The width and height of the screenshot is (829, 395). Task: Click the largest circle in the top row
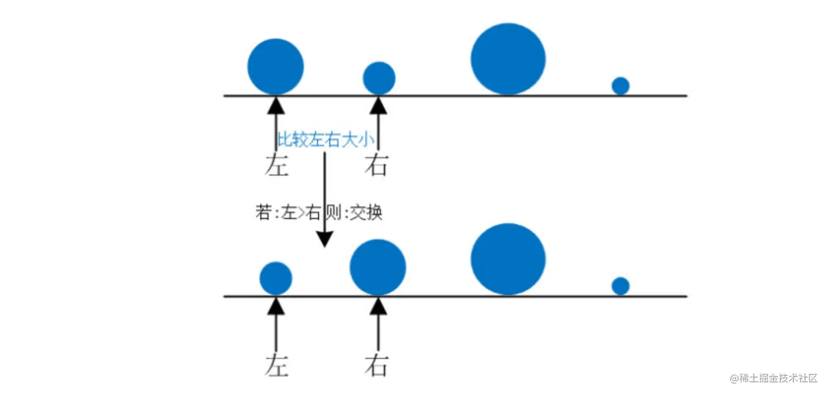(x=508, y=59)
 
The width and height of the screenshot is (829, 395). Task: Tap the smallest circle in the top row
(x=620, y=86)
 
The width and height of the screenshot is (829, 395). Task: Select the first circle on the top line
(x=275, y=66)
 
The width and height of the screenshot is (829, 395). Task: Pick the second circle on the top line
(x=379, y=78)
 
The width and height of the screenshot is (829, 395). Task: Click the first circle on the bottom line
(x=275, y=278)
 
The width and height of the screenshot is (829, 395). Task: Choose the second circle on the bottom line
(x=378, y=267)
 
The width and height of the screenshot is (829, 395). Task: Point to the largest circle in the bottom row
(x=508, y=259)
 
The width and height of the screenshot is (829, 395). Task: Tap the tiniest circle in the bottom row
(x=620, y=286)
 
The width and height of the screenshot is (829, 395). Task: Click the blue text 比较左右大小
(x=327, y=140)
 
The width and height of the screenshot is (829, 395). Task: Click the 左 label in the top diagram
(x=276, y=165)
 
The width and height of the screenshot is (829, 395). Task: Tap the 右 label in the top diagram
(x=377, y=165)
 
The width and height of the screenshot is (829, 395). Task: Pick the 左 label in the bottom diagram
(x=276, y=365)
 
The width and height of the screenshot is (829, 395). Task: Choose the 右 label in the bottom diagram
(x=377, y=365)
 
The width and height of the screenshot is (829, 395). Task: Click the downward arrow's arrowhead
(x=325, y=239)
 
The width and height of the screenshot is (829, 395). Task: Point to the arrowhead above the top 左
(x=276, y=105)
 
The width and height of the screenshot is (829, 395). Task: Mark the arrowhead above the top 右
(x=378, y=105)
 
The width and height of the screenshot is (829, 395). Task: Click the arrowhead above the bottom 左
(x=276, y=306)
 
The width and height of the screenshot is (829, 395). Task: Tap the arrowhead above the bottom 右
(x=378, y=306)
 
